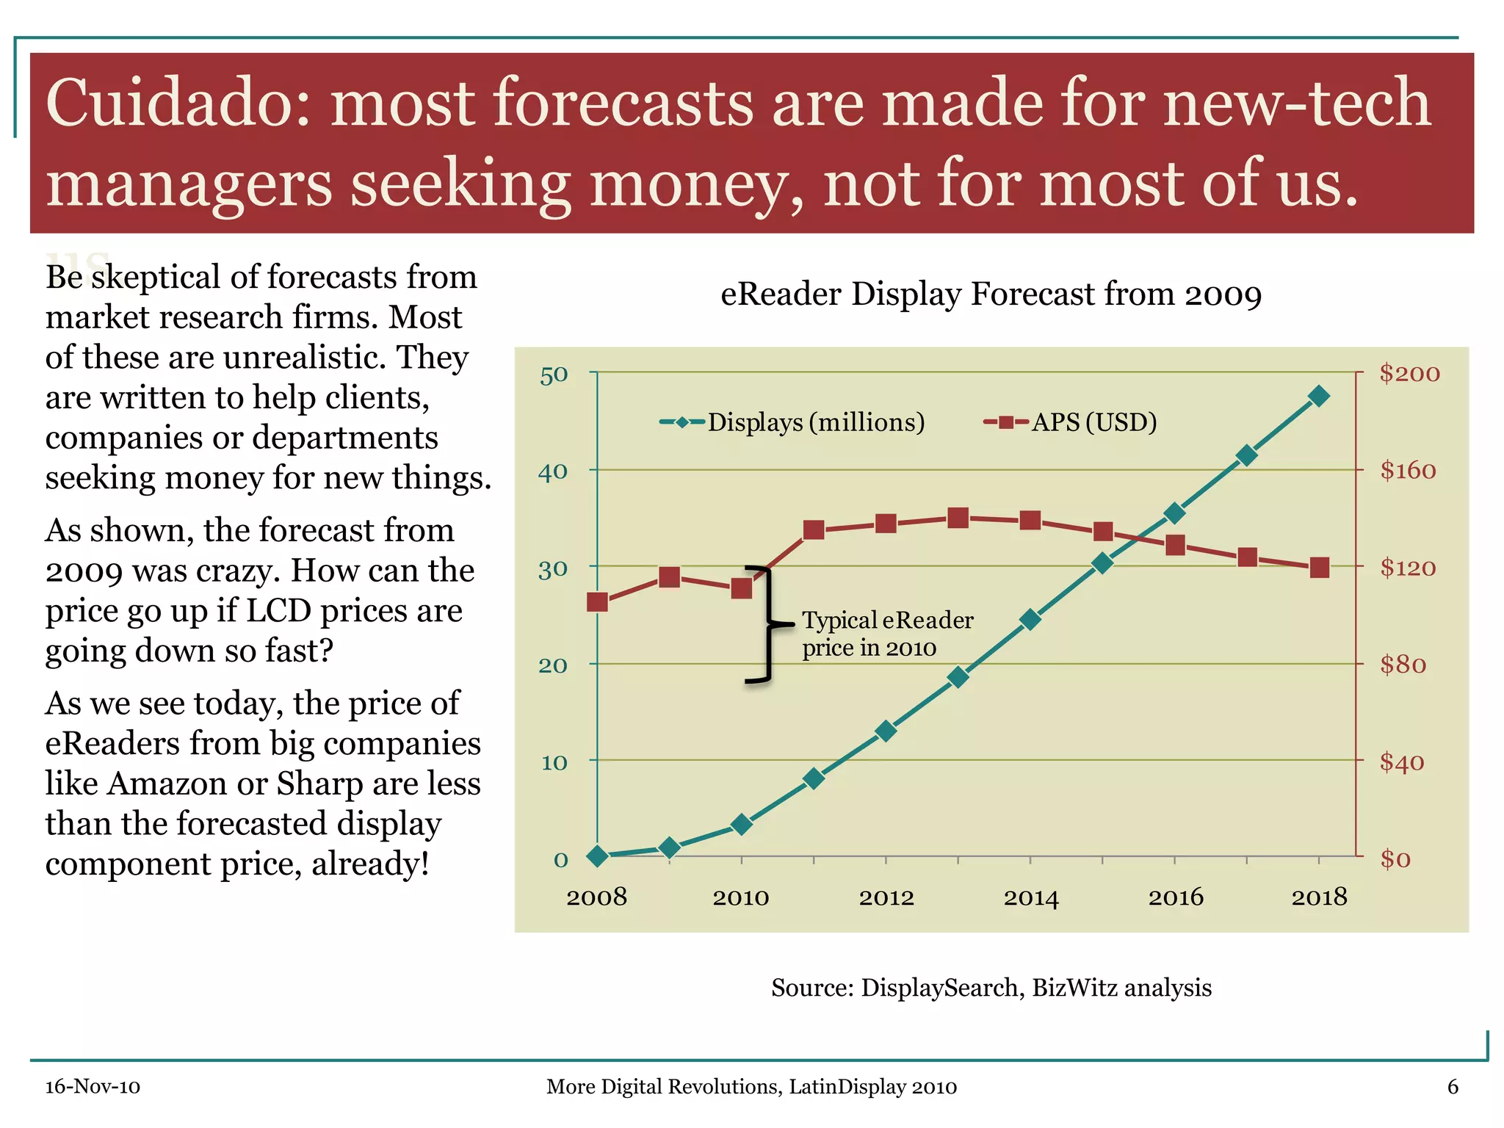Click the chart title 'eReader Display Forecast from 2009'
(x=991, y=294)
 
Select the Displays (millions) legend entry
(x=793, y=422)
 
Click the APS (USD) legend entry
(x=1072, y=422)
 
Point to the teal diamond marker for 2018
(x=1319, y=397)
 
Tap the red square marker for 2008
(x=598, y=602)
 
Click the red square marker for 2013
(x=958, y=518)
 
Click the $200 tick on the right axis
(x=1409, y=373)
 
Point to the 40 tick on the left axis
(x=553, y=471)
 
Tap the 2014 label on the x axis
(x=1031, y=897)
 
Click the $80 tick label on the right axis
(x=1403, y=665)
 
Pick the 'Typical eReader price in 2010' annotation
(x=886, y=634)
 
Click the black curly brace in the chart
(x=765, y=625)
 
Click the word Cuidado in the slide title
(x=168, y=103)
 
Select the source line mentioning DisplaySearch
(x=991, y=988)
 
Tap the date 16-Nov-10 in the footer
(x=93, y=1087)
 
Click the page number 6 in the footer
(x=1452, y=1087)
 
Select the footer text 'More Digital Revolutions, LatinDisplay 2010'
(x=751, y=1087)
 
